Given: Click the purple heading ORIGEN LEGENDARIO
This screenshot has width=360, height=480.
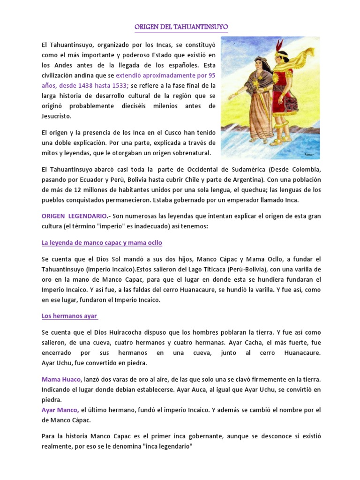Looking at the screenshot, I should [71, 215].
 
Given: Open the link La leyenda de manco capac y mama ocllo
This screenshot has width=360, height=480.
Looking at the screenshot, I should [102, 243].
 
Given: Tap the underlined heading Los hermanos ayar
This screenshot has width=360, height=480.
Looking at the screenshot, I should [69, 316].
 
